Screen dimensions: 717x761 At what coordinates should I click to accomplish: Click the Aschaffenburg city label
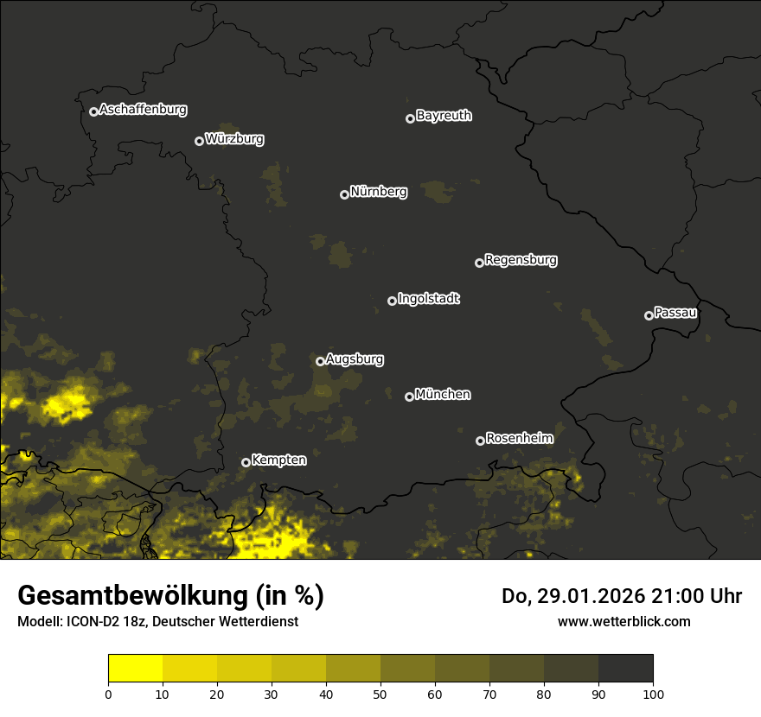click(143, 110)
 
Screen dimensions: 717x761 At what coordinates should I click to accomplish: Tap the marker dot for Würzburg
click(199, 141)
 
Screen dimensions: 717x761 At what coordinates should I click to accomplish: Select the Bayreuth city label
click(444, 116)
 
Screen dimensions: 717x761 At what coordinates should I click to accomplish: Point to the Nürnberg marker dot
click(344, 194)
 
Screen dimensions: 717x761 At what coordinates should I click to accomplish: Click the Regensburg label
click(521, 260)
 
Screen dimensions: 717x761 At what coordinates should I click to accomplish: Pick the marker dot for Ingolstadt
click(392, 301)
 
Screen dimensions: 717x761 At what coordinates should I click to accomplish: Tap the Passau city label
click(675, 313)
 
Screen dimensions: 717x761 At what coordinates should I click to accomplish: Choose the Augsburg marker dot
click(320, 361)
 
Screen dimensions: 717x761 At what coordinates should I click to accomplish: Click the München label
click(443, 395)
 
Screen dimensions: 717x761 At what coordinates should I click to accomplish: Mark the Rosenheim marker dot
click(480, 441)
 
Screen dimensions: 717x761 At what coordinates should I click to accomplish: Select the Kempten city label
click(278, 460)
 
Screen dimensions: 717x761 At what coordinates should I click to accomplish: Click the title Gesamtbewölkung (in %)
click(170, 596)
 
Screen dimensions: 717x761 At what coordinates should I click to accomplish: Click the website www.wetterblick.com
click(624, 622)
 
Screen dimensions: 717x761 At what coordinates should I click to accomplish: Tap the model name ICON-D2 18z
click(104, 622)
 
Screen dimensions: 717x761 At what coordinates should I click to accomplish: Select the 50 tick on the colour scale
click(380, 694)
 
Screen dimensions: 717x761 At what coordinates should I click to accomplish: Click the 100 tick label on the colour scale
click(653, 694)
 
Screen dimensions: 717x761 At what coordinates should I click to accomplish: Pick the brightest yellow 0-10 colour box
click(135, 669)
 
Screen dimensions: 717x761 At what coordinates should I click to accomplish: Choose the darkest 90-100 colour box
click(625, 669)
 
